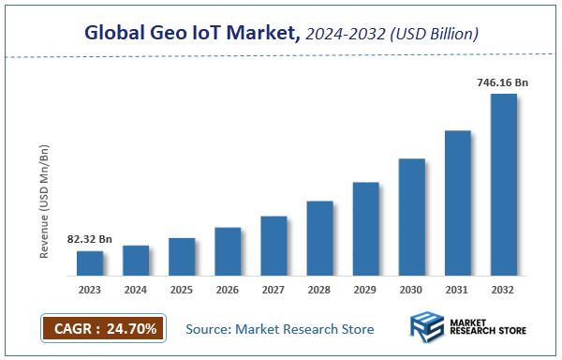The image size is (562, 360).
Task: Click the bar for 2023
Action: point(90,263)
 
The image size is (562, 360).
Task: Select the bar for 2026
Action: point(228,251)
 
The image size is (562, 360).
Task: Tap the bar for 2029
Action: point(365,229)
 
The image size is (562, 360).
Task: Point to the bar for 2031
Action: point(457,202)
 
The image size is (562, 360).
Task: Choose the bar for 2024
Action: point(136,261)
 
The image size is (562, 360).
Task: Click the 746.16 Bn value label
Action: point(503,83)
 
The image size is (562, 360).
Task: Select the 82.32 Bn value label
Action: point(90,240)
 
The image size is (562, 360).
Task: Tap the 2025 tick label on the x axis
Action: point(182,290)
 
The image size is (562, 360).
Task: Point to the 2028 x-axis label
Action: point(319,290)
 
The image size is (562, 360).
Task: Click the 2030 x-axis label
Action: point(411,290)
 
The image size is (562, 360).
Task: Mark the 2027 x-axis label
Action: point(274,290)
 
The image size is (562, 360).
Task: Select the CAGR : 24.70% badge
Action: point(104,328)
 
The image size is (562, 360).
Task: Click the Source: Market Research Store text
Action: point(280,329)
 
